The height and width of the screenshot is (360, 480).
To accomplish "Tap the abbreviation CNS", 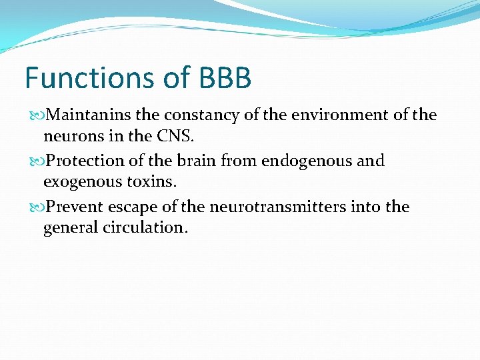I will (175, 137).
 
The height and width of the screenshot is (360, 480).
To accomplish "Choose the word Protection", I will (86, 161).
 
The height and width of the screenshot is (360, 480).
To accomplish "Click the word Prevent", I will (75, 207).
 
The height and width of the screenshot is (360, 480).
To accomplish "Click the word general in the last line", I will (71, 228).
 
